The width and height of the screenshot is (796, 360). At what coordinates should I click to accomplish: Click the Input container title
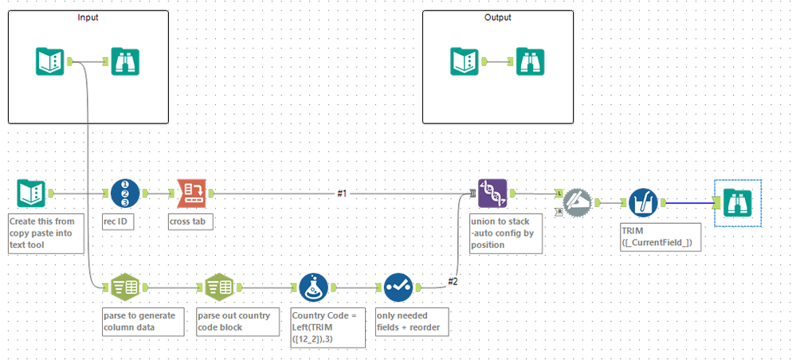pyautogui.click(x=88, y=18)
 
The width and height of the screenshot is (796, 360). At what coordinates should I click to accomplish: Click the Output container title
pyautogui.click(x=498, y=18)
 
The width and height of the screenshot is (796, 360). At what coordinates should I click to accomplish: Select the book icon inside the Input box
pyautogui.click(x=49, y=61)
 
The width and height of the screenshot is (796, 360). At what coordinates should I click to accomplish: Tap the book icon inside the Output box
pyautogui.click(x=464, y=61)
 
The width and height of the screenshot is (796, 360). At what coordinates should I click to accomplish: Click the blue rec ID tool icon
pyautogui.click(x=124, y=193)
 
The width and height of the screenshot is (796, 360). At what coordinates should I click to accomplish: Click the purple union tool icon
pyautogui.click(x=492, y=193)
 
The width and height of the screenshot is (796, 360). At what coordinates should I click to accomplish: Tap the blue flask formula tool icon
pyautogui.click(x=314, y=287)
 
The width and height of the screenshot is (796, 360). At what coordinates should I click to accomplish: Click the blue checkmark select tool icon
pyautogui.click(x=398, y=287)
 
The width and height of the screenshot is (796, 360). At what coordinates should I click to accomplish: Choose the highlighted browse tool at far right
pyautogui.click(x=739, y=202)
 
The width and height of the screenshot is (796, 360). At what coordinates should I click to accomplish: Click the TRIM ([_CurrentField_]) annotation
pyautogui.click(x=660, y=237)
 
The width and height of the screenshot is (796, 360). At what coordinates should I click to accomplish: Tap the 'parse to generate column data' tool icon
pyautogui.click(x=124, y=287)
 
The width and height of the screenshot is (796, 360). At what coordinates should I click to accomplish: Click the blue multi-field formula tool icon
pyautogui.click(x=642, y=202)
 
